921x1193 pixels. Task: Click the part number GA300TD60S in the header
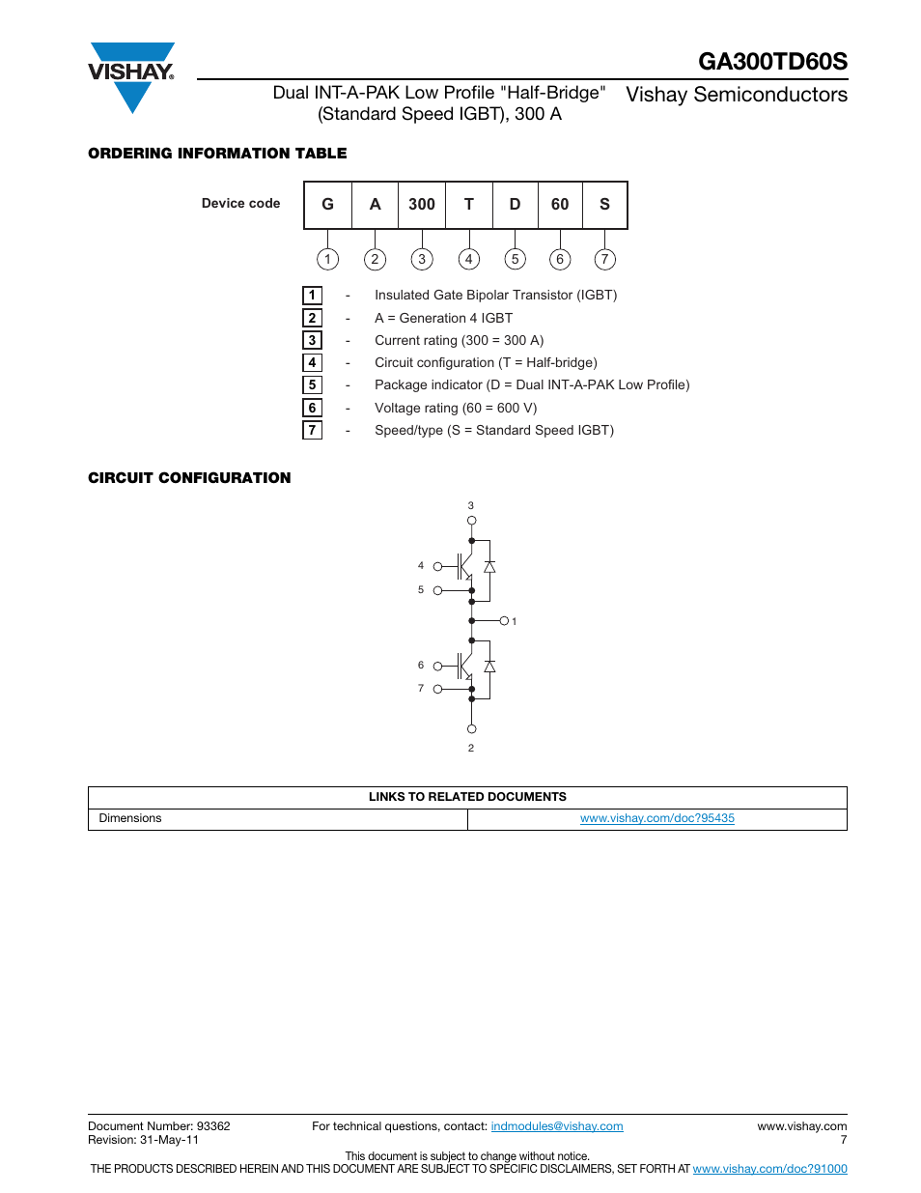772,62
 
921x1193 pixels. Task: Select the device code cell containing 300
422,205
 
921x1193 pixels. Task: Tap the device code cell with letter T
469,205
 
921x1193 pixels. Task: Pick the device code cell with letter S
604,205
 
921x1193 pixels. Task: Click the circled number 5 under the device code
515,259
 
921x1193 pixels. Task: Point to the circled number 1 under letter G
328,259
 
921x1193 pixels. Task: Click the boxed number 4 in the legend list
312,362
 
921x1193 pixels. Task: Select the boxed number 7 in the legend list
312,430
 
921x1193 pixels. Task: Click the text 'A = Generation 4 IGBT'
443,318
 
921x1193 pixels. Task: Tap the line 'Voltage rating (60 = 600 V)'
456,408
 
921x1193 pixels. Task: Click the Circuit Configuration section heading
189,478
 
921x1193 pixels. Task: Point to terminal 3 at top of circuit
471,521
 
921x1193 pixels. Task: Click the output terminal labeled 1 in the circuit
504,621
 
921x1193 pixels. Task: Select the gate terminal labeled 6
437,666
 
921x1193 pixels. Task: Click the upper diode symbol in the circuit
489,567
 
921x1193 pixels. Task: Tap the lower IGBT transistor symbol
464,667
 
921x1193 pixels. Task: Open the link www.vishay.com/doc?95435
656,818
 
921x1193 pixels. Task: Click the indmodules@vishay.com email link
557,1126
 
